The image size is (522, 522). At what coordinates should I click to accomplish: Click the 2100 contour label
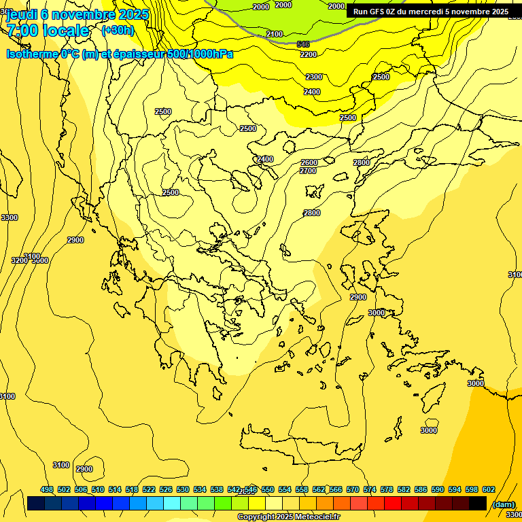(275, 34)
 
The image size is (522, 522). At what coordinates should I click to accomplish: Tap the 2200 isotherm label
(309, 54)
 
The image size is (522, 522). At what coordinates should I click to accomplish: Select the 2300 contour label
(314, 77)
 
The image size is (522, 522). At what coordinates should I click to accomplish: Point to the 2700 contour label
(308, 171)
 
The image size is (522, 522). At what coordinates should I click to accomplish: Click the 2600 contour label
(309, 162)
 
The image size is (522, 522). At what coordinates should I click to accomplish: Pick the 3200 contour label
(19, 260)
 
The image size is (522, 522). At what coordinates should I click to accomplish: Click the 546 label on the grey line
(303, 44)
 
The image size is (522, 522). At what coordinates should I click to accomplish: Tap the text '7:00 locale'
(48, 31)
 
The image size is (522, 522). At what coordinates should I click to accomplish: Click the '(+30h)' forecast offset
(118, 31)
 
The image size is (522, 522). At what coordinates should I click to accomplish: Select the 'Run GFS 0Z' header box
(430, 12)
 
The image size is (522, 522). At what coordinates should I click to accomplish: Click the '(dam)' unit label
(503, 504)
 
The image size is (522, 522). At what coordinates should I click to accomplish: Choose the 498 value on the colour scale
(47, 489)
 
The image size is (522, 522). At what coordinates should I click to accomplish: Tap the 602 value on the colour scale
(489, 489)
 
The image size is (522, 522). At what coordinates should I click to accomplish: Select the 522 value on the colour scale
(149, 489)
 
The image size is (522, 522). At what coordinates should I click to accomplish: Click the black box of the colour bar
(478, 503)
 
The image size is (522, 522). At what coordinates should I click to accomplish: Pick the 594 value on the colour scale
(455, 489)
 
